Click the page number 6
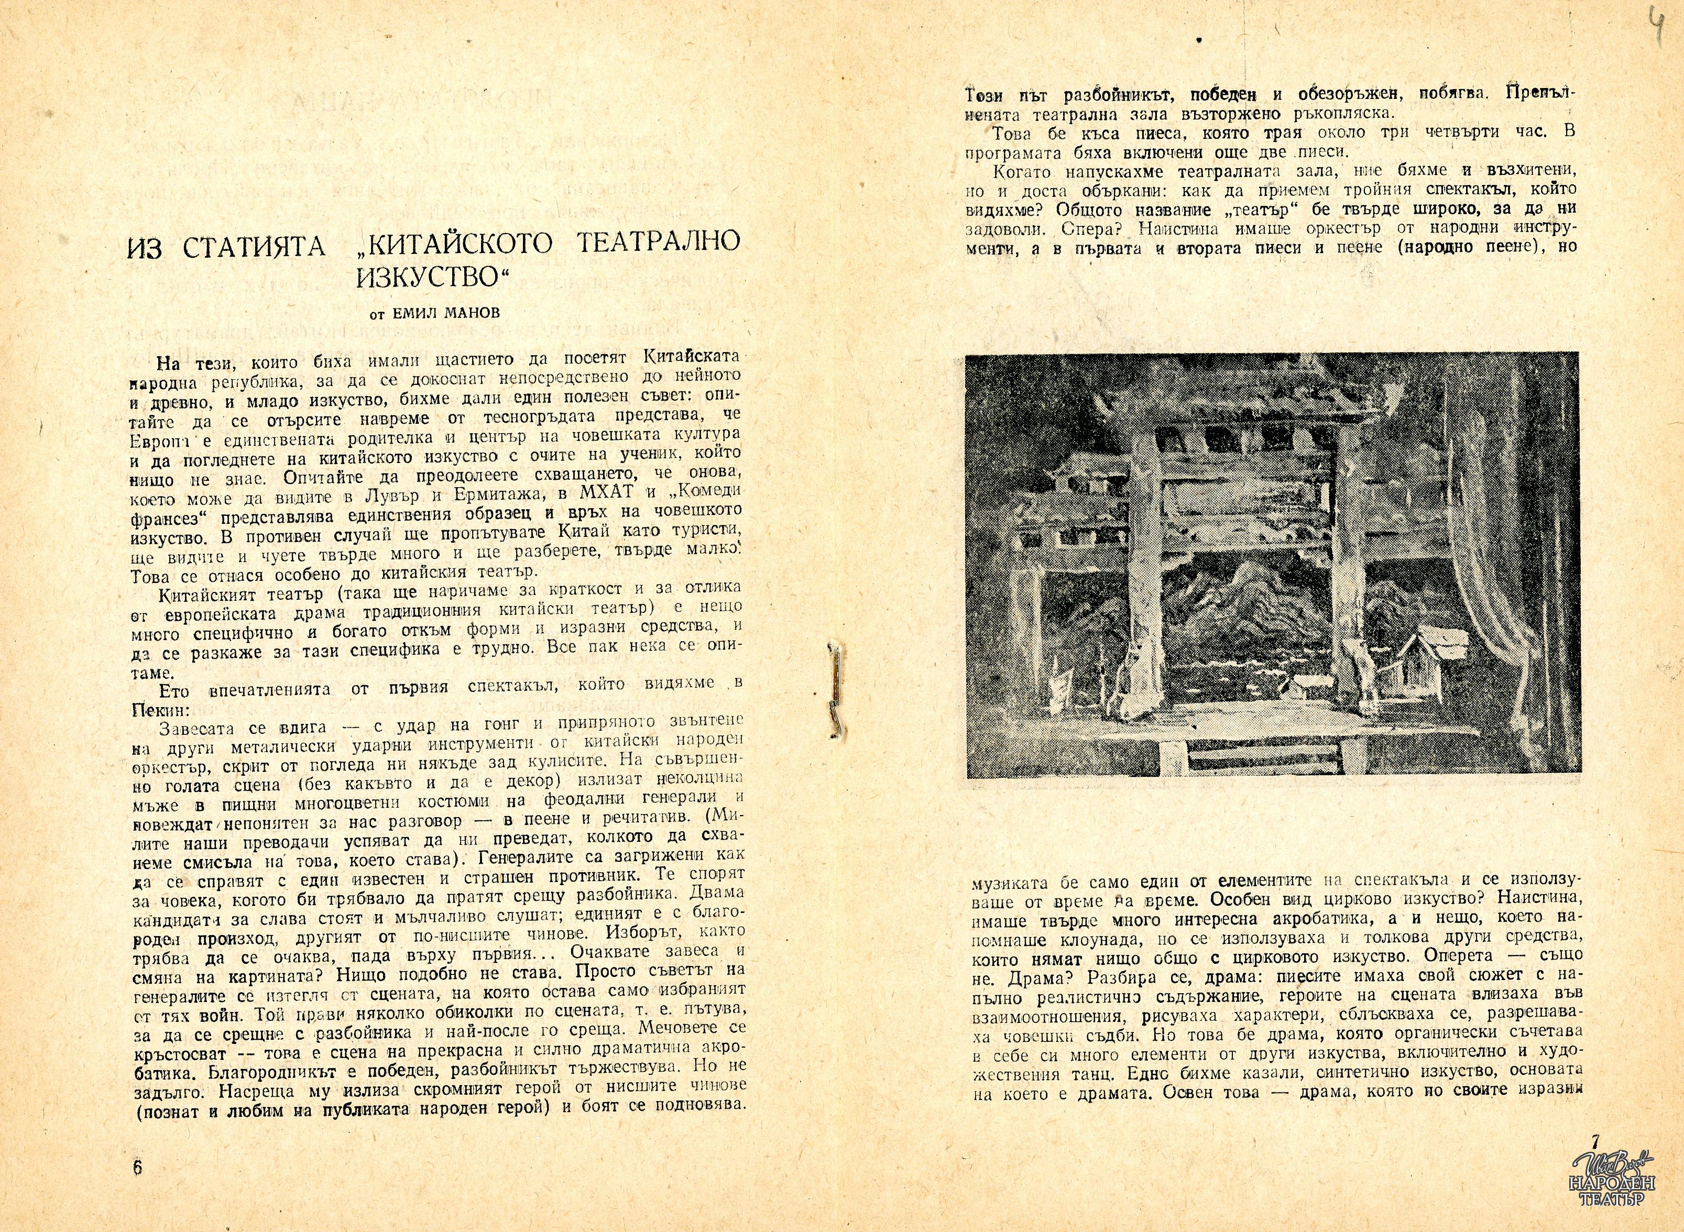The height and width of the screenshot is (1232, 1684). coord(137,1168)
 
